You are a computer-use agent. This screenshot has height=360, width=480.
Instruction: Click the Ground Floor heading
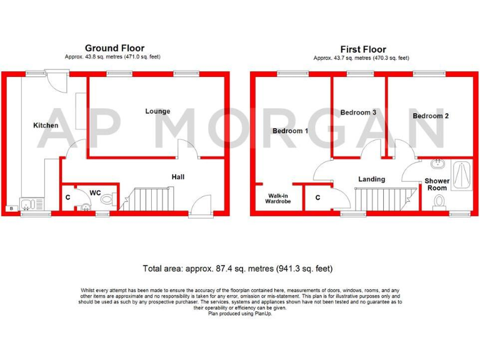click(x=114, y=48)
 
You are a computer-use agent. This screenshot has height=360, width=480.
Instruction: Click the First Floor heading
click(x=362, y=49)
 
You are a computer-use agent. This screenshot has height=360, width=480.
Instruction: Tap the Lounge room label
click(x=157, y=111)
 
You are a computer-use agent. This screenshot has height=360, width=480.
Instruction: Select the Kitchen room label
click(x=46, y=126)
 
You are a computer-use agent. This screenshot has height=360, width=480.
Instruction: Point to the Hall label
click(x=178, y=177)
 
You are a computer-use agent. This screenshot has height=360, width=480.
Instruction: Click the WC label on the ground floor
click(x=95, y=192)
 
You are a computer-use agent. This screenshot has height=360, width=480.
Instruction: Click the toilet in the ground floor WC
click(x=109, y=201)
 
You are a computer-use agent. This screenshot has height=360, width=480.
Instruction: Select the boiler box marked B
click(x=10, y=208)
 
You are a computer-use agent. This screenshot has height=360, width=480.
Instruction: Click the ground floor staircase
click(x=152, y=200)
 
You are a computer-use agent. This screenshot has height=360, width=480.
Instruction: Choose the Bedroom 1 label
click(x=290, y=131)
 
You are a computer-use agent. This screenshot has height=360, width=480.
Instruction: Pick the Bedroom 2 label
click(x=431, y=116)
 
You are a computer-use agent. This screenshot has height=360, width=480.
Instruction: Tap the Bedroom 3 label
click(x=358, y=112)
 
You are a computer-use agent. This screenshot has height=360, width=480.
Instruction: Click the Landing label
click(x=371, y=179)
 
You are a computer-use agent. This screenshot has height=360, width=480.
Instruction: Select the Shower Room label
click(x=436, y=184)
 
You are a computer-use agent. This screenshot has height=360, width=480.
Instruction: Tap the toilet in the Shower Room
click(x=439, y=201)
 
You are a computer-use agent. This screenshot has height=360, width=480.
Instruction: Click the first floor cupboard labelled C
click(x=317, y=198)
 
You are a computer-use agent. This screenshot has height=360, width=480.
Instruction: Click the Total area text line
click(x=237, y=269)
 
